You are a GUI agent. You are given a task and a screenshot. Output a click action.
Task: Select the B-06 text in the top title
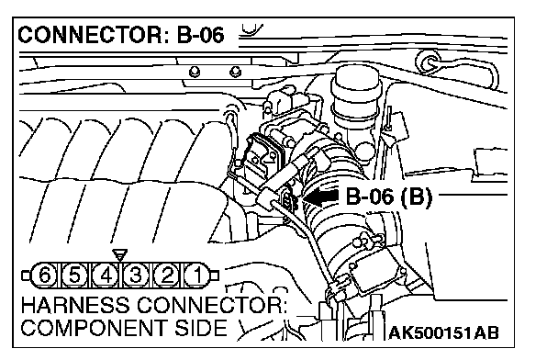[201, 35]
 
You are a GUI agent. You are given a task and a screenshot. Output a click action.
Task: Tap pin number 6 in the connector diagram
[44, 276]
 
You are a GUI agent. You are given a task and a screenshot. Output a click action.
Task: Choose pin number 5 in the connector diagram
[74, 276]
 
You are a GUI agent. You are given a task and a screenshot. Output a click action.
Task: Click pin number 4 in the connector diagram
[106, 276]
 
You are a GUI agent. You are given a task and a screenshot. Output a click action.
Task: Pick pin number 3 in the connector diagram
[136, 276]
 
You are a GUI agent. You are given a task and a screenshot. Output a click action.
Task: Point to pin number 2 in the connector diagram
[166, 276]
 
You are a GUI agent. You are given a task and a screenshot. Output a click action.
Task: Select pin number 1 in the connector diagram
[196, 276]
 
